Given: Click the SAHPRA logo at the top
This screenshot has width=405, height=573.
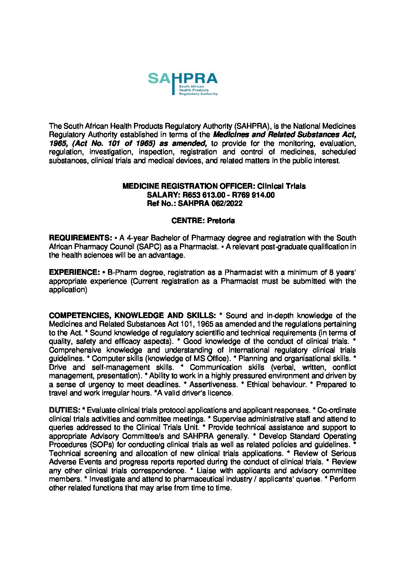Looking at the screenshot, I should [x=183, y=83].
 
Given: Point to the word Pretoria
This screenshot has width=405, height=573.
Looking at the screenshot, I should [x=221, y=221].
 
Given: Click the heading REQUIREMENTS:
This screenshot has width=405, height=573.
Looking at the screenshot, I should [x=80, y=238].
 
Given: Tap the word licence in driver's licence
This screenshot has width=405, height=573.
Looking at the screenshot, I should [x=220, y=393].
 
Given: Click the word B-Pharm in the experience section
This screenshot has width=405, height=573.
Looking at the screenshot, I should [x=120, y=273].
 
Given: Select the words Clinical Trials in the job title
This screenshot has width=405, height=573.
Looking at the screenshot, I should [x=281, y=186].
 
